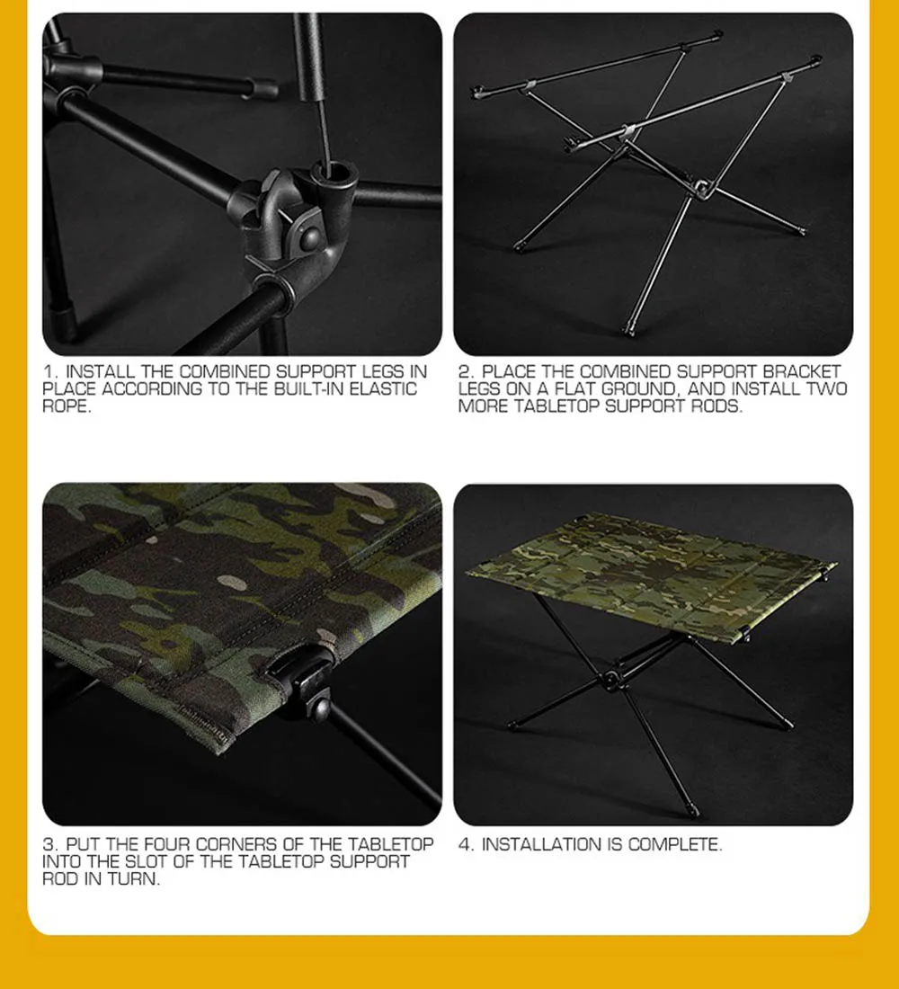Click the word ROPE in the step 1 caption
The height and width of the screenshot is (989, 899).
[67, 406]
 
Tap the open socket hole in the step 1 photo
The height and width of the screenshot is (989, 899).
[333, 172]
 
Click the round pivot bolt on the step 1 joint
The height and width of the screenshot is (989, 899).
[310, 237]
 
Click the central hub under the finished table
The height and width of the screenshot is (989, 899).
[610, 680]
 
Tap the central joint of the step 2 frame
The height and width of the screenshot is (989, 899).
[700, 187]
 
